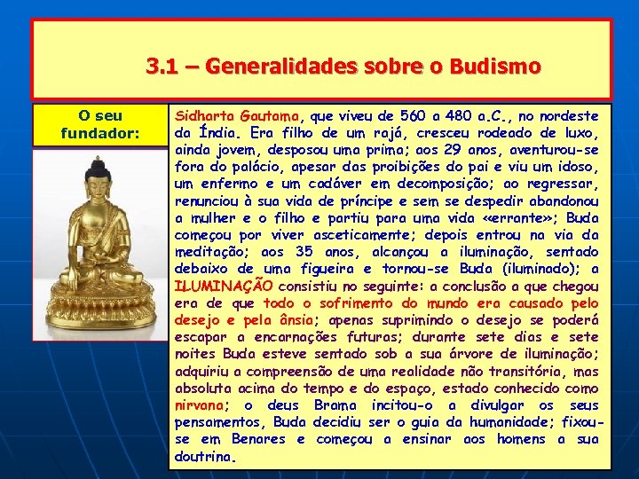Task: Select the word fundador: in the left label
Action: coord(100,133)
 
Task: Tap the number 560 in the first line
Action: coord(413,116)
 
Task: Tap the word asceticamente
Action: coord(346,234)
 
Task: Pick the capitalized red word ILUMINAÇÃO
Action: coord(223,286)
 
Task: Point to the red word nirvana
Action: coord(201,404)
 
